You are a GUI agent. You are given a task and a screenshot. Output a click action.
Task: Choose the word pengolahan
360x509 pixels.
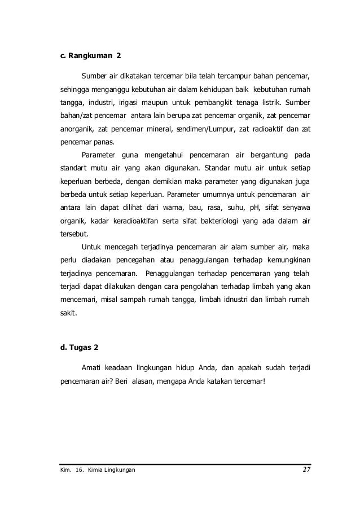pos(182,286)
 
